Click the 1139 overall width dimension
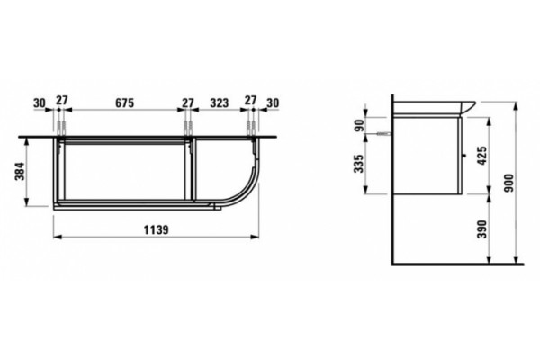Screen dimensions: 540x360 156,229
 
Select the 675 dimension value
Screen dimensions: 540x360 124,103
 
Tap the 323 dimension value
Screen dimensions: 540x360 220,103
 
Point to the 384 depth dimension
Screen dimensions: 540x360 21,171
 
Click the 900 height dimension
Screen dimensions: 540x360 508,183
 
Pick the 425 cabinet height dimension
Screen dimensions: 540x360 482,156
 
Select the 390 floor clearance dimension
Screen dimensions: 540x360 482,229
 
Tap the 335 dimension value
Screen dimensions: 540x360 358,164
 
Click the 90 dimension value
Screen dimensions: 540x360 358,125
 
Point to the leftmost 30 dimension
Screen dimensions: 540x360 40,103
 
